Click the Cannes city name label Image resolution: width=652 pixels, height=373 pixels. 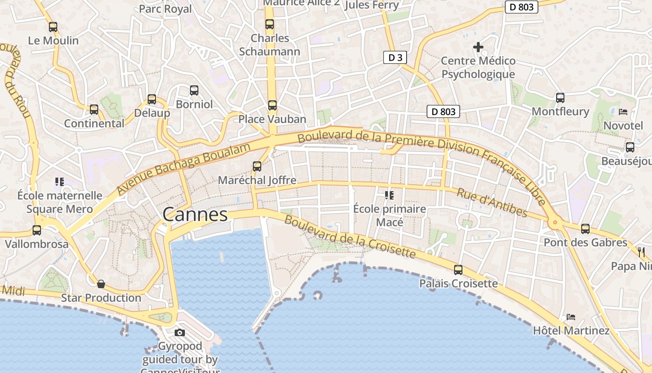pos(195,214)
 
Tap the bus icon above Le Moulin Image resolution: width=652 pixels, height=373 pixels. pos(53,27)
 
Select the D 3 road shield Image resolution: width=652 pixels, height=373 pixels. pos(395,57)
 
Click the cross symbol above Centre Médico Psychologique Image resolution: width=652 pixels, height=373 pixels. pos(478,47)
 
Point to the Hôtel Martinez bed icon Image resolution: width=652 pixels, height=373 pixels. pos(571,317)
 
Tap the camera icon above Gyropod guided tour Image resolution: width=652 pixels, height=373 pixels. pos(180,332)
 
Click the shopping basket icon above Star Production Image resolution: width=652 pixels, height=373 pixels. pos(101,284)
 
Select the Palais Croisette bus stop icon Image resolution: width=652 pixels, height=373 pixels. pos(458,269)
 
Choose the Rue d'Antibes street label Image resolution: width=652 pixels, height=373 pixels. pos(492,202)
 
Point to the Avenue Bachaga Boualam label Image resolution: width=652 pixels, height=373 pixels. pos(183,169)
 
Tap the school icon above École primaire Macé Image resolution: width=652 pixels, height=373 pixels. pos(389,195)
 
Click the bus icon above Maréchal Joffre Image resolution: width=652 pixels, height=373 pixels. pos(257,166)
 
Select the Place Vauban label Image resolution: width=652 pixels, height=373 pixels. pos(272,119)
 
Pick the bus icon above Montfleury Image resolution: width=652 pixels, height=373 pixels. pos(560,98)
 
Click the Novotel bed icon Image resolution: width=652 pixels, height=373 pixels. pos(623,112)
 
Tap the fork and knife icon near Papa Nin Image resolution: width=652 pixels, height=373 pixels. pos(642,252)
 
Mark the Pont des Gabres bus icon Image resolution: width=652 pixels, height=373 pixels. pos(585,229)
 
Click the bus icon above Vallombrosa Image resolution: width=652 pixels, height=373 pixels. pos(37,230)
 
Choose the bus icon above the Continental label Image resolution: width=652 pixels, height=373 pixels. pos(94,110)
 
